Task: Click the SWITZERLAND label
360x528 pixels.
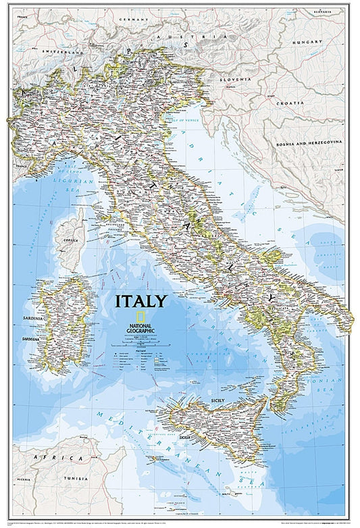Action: (x=62, y=51)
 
